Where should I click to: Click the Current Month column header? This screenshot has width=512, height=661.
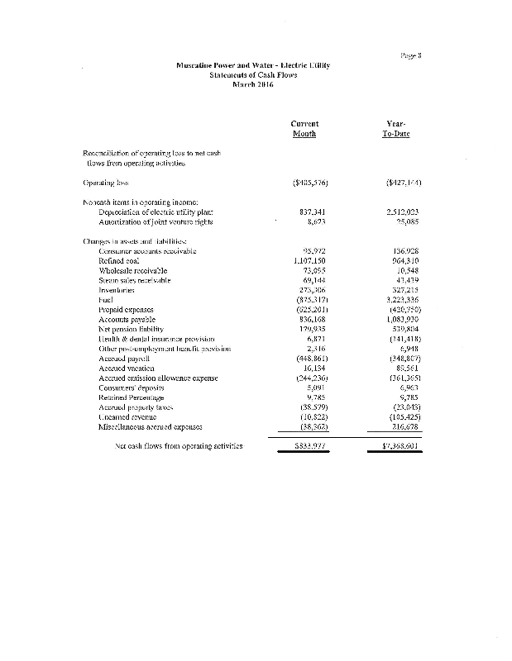(305, 128)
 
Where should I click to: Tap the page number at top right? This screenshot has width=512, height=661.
(411, 55)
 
